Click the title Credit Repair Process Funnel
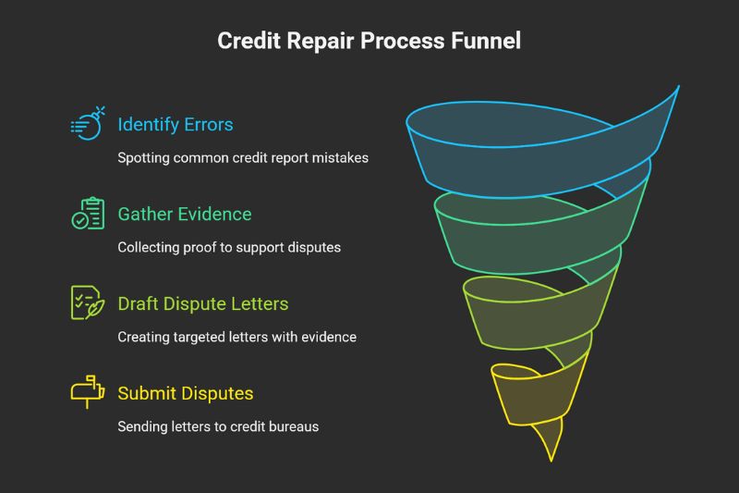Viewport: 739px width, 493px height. point(369,41)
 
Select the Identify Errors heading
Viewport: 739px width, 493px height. point(176,124)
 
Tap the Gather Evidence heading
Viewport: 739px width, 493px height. point(184,215)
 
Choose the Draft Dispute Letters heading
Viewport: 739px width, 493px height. point(203,304)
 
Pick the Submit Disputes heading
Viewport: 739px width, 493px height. point(185,394)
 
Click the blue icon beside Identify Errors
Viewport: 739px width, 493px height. point(88,125)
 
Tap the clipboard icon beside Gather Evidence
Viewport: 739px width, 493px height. point(88,214)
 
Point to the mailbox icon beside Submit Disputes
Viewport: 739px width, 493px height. point(88,392)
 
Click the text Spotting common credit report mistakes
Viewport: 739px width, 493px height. point(243,157)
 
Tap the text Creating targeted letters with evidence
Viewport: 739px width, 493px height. point(236,337)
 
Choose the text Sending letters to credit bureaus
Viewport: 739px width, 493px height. point(218,426)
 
